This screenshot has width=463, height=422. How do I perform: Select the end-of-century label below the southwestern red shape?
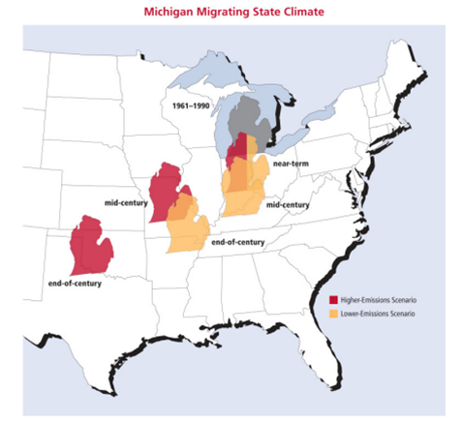pos(77,284)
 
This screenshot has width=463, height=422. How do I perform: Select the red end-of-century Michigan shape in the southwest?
pos(93,246)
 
